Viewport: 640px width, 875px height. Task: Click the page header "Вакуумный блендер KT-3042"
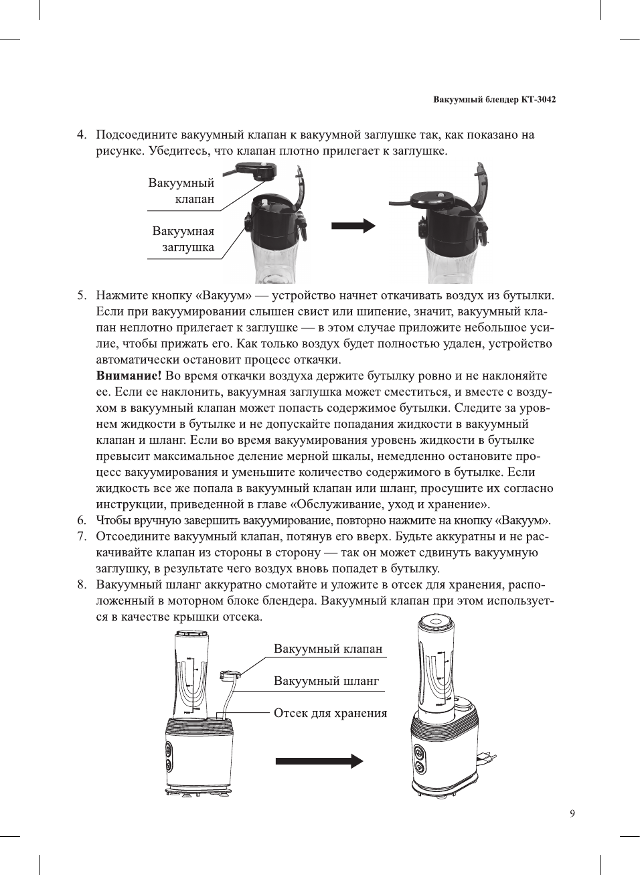[494, 100]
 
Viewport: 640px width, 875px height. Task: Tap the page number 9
[572, 813]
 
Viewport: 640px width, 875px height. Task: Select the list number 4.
[81, 135]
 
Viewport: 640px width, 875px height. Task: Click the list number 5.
[81, 295]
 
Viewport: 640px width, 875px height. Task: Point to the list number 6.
[81, 520]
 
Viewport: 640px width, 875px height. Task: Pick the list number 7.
[81, 536]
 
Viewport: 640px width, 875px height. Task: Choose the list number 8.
[81, 584]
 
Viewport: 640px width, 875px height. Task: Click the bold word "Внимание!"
[129, 376]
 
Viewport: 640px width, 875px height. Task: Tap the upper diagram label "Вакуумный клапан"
[182, 191]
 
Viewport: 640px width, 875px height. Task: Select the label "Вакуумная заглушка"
[183, 239]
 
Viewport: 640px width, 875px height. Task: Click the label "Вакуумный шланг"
[326, 681]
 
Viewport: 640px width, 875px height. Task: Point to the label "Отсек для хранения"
[330, 713]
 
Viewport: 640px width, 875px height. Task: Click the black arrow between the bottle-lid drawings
[353, 226]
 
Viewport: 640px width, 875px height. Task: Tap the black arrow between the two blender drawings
[319, 761]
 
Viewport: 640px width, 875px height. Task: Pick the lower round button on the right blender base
[420, 767]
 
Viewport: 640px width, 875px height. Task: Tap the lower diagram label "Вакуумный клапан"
[328, 649]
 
